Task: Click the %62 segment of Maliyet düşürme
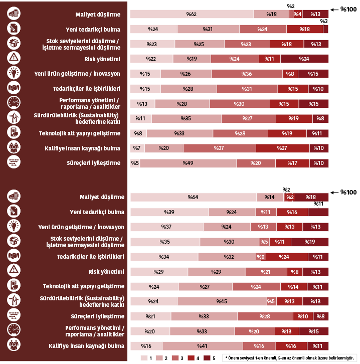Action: pos(192,14)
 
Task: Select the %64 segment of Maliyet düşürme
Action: pos(193,197)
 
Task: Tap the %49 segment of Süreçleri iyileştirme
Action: pos(188,163)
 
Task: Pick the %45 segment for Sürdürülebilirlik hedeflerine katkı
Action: pos(222,301)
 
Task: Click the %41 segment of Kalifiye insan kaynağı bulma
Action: pos(203,346)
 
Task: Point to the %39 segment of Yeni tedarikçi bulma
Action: pos(169,212)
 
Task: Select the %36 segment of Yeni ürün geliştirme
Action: pos(247,74)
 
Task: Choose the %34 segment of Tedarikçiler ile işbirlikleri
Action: pos(164,257)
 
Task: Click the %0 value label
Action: pos(261,257)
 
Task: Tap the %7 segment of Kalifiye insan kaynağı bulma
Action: pos(136,148)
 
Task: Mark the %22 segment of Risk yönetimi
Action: pos(151,59)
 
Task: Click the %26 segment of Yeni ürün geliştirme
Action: pos(186,74)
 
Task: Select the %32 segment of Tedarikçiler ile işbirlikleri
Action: pos(229,257)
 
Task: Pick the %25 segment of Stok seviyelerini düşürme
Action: pos(199,44)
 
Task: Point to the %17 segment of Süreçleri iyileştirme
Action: pos(292,163)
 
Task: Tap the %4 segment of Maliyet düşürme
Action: pos(297,14)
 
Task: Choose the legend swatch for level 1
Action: pos(143,358)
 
